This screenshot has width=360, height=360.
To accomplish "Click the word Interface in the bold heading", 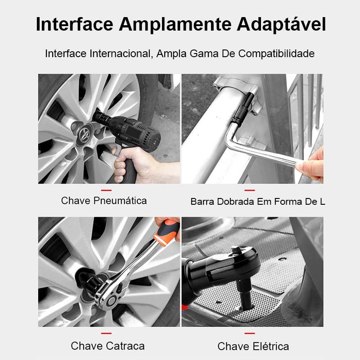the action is tap(75, 24).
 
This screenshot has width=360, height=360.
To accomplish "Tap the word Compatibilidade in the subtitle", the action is tap(276, 54).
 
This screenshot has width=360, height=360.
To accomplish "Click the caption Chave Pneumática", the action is tap(104, 201).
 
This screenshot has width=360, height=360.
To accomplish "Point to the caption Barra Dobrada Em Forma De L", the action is tap(257, 202).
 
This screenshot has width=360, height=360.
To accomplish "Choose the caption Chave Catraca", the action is tap(108, 346).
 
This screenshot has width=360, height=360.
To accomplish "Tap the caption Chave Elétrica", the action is tap(253, 346).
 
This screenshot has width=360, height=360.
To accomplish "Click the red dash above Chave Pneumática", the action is tap(106, 190).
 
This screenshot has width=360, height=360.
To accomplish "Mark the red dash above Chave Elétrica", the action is tap(250, 333).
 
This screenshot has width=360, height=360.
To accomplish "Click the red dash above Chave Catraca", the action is tap(106, 333).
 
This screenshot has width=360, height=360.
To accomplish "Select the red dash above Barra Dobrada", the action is tap(250, 190).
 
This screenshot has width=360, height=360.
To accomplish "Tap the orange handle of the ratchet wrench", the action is tap(167, 232).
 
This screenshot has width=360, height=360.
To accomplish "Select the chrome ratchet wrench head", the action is tap(111, 292).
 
